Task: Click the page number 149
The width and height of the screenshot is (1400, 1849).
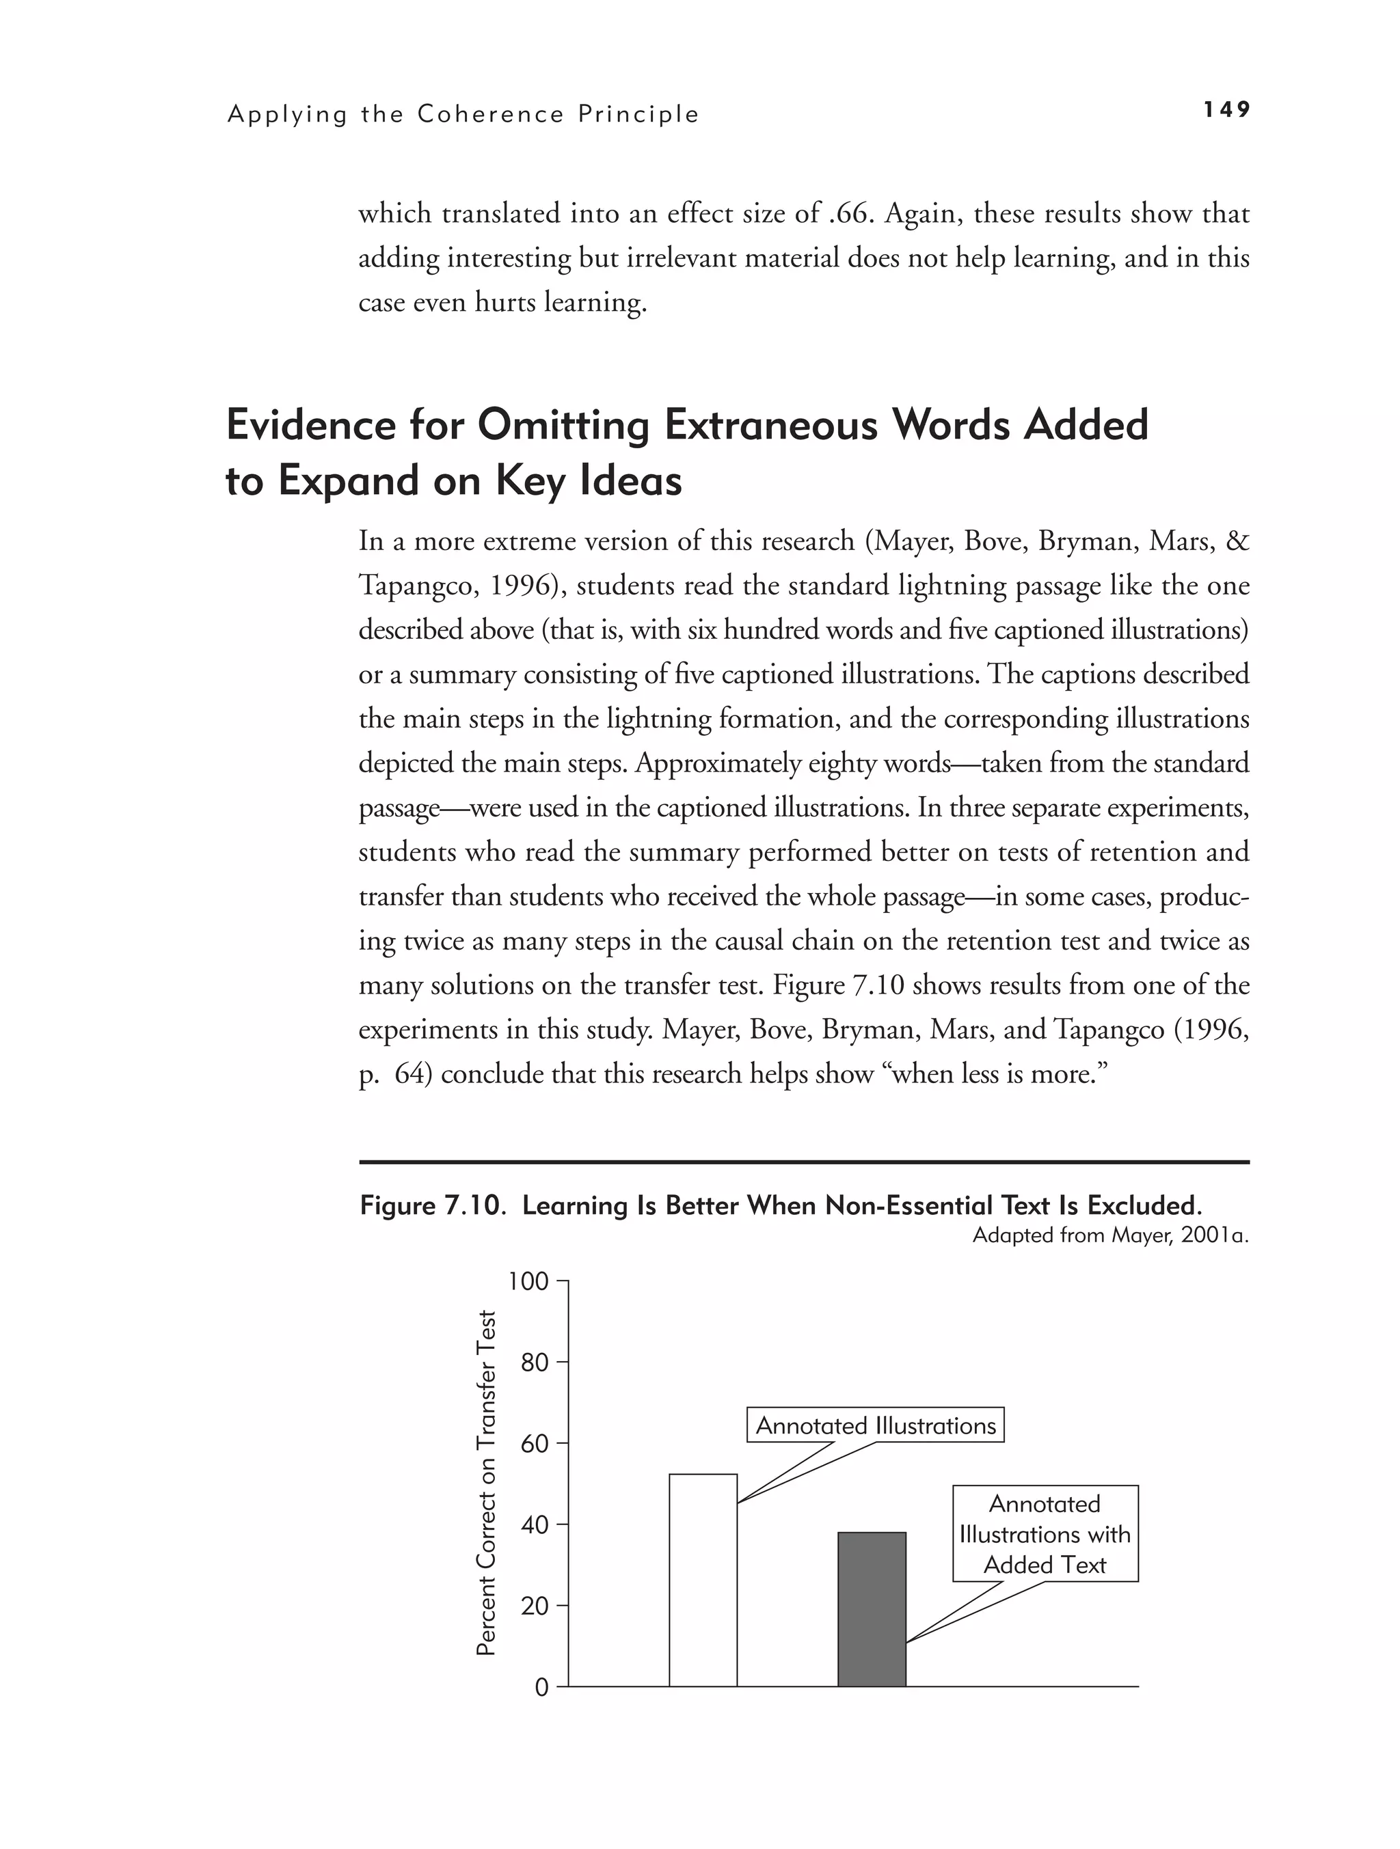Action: click(1226, 109)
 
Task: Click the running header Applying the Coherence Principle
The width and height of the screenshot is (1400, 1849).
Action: click(463, 115)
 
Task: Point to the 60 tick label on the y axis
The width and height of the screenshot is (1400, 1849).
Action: click(534, 1444)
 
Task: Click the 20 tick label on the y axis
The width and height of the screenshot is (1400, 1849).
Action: click(534, 1606)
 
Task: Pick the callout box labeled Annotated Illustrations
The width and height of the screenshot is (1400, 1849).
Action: click(875, 1426)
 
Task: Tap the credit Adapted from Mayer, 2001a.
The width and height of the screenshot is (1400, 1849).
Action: click(1109, 1235)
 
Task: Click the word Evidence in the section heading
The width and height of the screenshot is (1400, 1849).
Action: click(311, 426)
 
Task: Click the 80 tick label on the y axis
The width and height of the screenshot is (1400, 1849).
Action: click(534, 1362)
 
